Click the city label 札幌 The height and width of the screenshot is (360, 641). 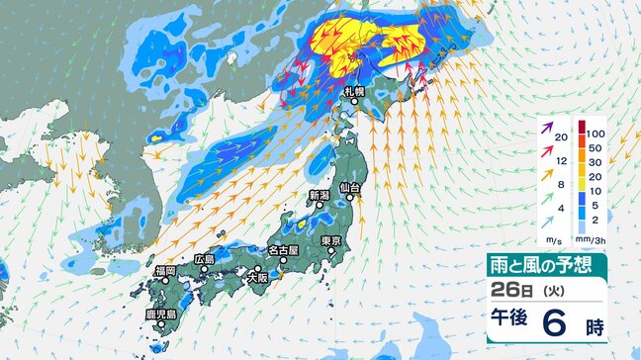[355, 92]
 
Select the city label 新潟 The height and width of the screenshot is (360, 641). [318, 195]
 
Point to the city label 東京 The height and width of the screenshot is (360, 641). [331, 241]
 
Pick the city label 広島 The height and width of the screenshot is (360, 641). [205, 259]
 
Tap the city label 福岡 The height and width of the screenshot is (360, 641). [164, 270]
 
